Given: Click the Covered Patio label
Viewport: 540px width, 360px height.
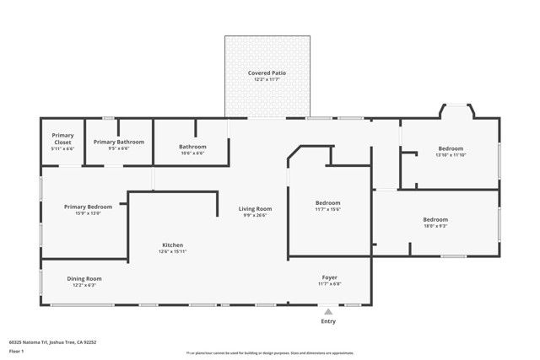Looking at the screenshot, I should coord(267,73).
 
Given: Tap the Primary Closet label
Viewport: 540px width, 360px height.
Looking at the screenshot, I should coord(63,138).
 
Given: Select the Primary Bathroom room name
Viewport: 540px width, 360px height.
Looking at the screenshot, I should coord(118,142).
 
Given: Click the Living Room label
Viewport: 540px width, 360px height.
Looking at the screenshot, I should coord(255,208).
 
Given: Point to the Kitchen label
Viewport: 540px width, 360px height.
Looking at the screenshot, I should coord(173,244).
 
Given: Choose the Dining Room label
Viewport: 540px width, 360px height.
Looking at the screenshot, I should coord(84,278).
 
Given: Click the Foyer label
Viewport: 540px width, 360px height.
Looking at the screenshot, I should coord(329,277).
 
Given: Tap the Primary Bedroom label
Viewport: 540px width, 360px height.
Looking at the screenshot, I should coord(89,207).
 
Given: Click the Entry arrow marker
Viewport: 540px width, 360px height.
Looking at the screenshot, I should coord(328,311).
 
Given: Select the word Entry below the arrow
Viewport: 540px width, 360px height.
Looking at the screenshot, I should coord(328,321).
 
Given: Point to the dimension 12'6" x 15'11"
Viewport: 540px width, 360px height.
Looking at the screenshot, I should coord(173,251).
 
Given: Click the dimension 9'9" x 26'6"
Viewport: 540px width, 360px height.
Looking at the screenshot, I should coord(255,215).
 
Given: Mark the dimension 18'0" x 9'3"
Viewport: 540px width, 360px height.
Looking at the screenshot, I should coord(435,226).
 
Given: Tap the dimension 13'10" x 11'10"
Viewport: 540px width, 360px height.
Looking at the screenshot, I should coord(451,155).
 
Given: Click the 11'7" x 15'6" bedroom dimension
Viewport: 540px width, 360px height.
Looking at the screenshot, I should coord(327,209).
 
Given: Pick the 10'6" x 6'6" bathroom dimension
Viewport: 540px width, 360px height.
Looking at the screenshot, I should coord(192,153).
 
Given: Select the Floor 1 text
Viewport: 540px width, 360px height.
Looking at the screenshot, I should coord(16,351).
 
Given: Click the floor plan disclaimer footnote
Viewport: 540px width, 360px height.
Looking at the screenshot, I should coord(269,353).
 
